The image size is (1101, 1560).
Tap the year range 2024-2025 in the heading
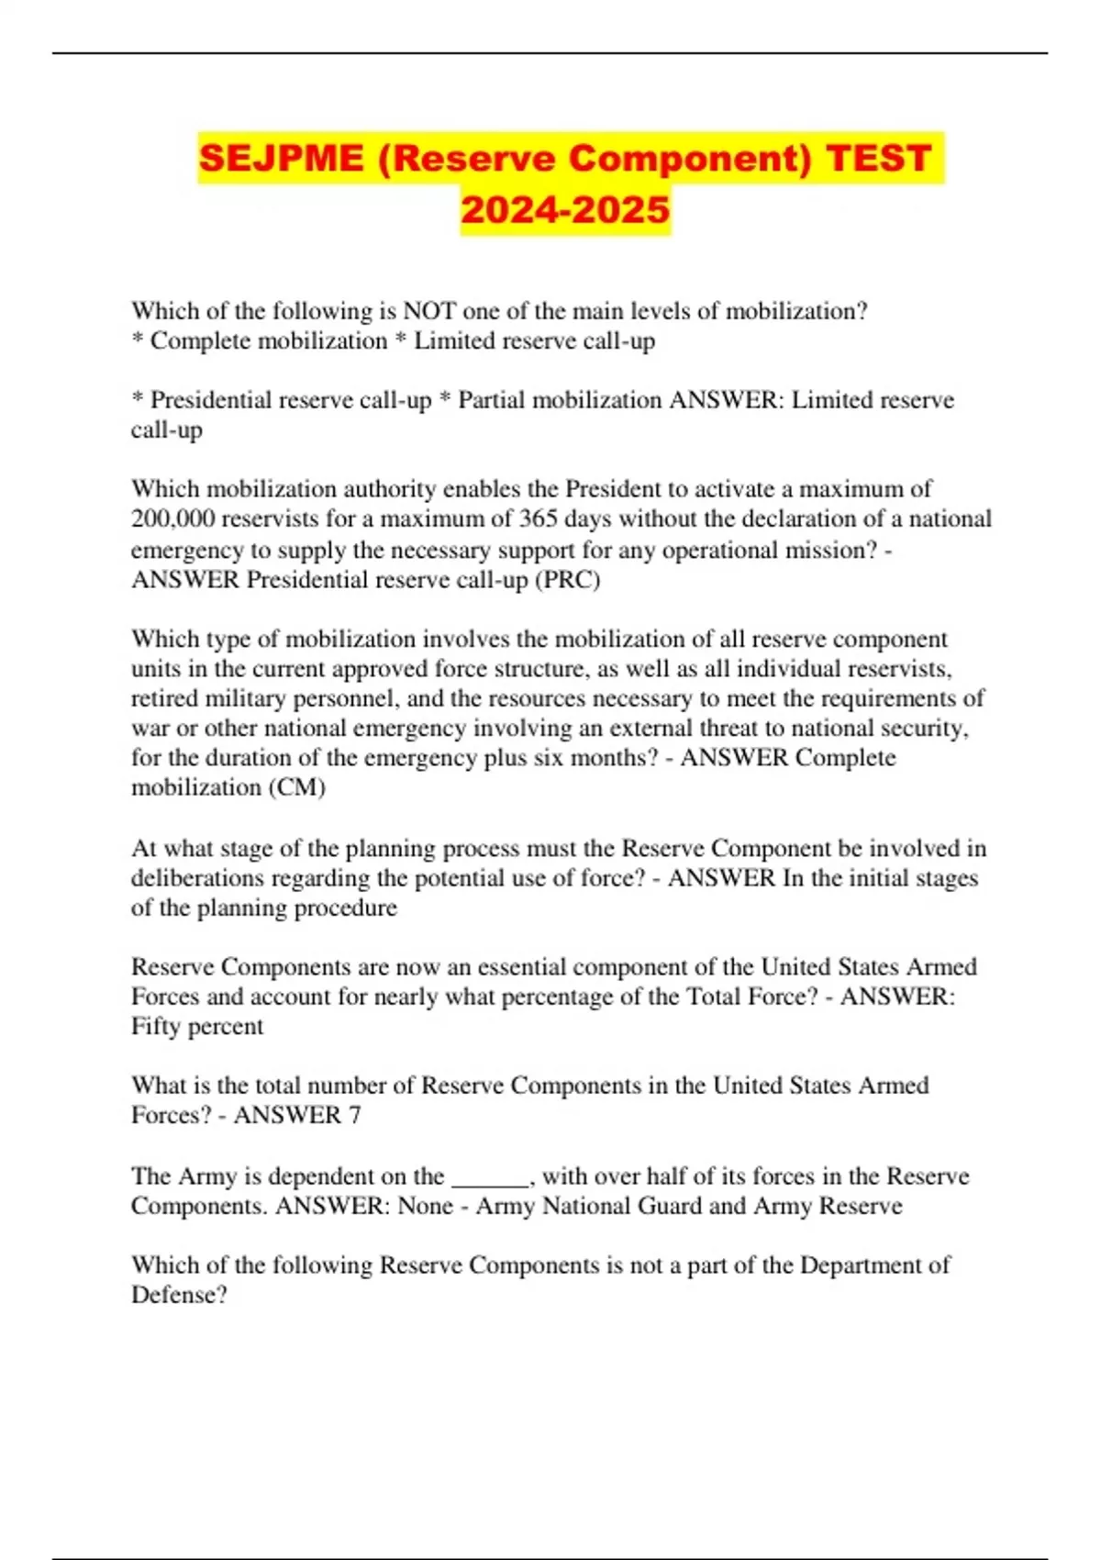click(x=565, y=210)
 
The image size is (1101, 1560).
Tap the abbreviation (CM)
click(x=296, y=787)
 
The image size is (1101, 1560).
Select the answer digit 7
click(x=354, y=1115)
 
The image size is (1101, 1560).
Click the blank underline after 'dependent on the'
click(x=490, y=1176)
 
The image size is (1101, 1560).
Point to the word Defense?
click(x=179, y=1295)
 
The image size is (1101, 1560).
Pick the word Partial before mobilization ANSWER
click(x=492, y=400)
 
